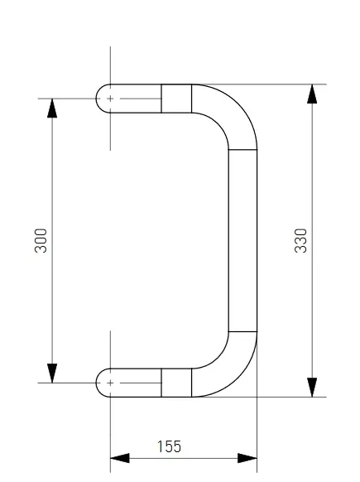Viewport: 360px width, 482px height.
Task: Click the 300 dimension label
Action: tap(41, 241)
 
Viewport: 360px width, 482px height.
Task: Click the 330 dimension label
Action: tap(300, 241)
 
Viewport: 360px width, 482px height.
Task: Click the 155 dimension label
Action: tap(169, 446)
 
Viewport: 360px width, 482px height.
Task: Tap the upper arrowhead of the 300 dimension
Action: tap(52, 108)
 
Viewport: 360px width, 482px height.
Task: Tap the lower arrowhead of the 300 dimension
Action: tap(52, 374)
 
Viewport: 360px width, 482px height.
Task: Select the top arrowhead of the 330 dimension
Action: tap(312, 94)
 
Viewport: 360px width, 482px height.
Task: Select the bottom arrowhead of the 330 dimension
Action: tap(312, 388)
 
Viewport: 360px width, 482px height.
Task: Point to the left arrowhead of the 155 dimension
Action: tap(120, 458)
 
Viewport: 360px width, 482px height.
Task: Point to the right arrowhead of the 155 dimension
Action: tap(247, 458)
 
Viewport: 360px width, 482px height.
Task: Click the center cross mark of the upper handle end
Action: tap(110, 99)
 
